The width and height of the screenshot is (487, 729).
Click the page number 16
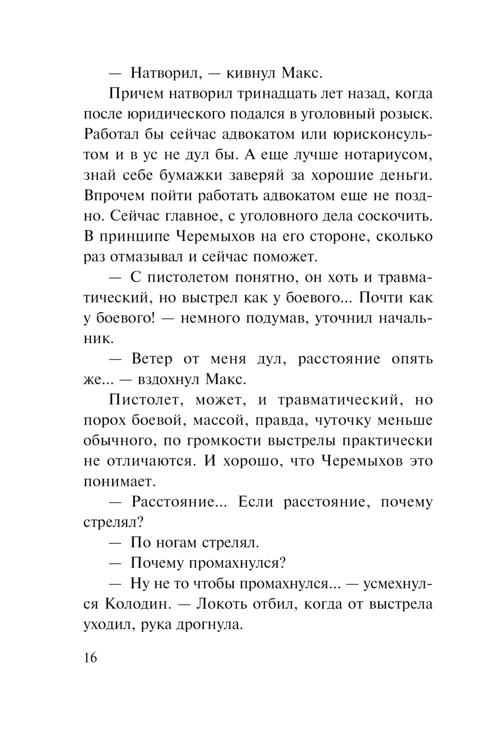(91, 658)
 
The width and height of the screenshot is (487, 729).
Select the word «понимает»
(119, 482)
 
